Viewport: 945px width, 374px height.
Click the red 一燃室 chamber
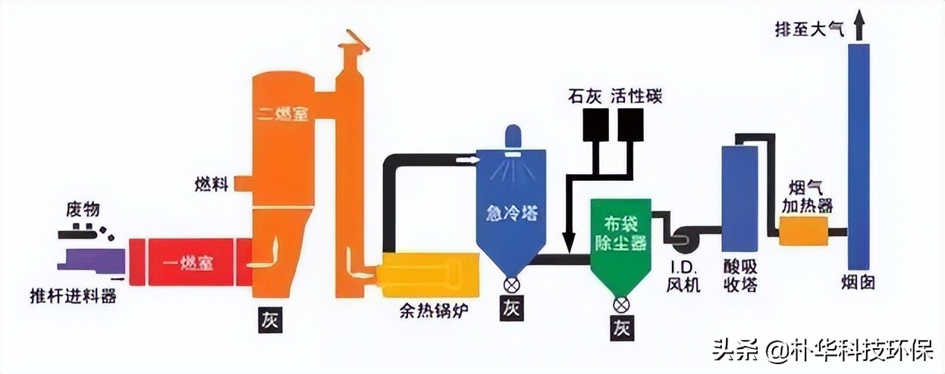click(190, 262)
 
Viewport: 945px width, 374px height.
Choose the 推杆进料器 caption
click(73, 296)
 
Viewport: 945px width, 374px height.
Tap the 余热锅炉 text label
click(429, 311)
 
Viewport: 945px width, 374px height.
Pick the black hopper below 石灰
click(596, 126)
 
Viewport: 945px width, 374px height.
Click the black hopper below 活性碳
click(630, 126)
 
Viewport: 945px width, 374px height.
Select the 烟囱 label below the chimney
click(859, 282)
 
